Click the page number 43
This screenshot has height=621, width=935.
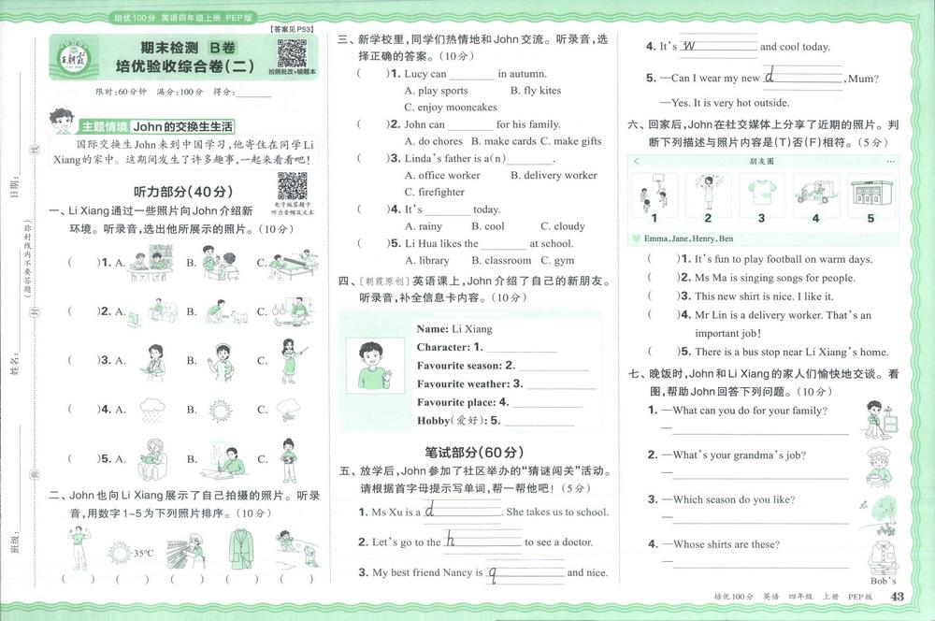pyautogui.click(x=897, y=598)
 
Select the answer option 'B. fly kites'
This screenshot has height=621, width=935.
pyautogui.click(x=536, y=91)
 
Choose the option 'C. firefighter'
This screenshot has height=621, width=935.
pyautogui.click(x=434, y=192)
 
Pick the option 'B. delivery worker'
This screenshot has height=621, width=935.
pyautogui.click(x=554, y=175)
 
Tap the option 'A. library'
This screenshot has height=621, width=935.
pyautogui.click(x=426, y=261)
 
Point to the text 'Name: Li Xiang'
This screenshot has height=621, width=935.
pyautogui.click(x=453, y=329)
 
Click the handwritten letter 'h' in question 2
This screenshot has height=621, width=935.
pyautogui.click(x=451, y=539)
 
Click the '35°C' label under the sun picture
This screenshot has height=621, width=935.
pyautogui.click(x=143, y=554)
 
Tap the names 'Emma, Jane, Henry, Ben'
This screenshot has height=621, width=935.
pyautogui.click(x=688, y=238)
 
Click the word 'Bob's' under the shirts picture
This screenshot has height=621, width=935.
pyautogui.click(x=883, y=582)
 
